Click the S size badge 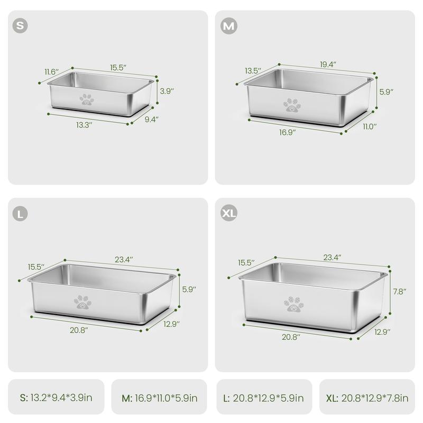[x=20, y=25]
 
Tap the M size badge [x=229, y=26]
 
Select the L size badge [x=20, y=214]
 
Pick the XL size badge [x=229, y=213]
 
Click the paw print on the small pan [x=87, y=99]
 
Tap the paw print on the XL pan [x=293, y=304]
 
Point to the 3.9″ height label [x=167, y=91]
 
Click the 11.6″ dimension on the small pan [x=51, y=72]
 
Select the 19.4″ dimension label [x=328, y=64]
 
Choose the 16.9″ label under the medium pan [x=287, y=132]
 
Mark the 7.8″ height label [x=400, y=291]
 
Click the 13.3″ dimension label [x=84, y=125]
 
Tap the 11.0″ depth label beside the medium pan [x=370, y=126]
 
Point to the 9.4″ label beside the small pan [x=151, y=119]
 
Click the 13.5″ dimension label [x=253, y=71]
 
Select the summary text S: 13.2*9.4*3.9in [x=56, y=398]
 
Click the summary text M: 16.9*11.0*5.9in [x=160, y=398]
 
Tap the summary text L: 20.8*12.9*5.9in [x=263, y=398]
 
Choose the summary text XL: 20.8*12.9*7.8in [x=367, y=398]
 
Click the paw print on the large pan [x=82, y=302]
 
